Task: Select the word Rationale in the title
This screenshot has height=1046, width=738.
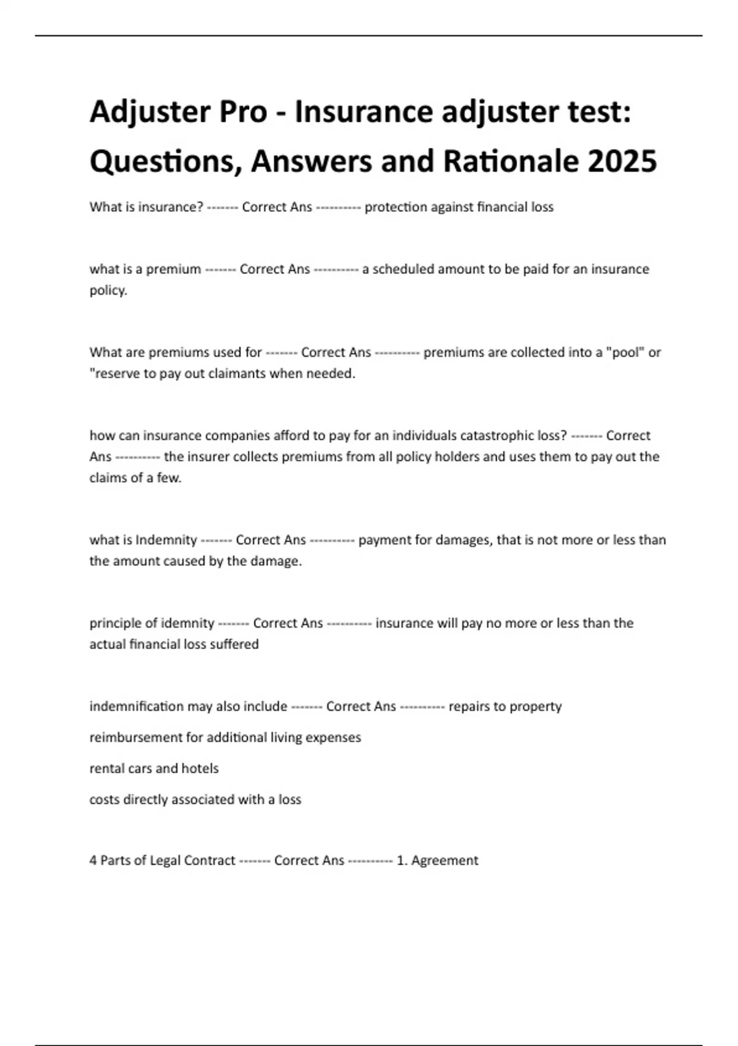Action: tap(510, 161)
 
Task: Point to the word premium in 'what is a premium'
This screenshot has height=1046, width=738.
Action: tap(173, 269)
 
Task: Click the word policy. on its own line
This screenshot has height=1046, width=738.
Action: tap(108, 290)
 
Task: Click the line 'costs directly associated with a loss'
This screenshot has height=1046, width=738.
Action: tap(195, 799)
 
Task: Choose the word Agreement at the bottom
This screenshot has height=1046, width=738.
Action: tap(445, 860)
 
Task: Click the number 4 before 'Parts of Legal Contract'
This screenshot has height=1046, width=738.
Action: tap(93, 860)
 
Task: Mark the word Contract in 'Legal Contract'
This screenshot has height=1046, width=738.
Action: tap(209, 860)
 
